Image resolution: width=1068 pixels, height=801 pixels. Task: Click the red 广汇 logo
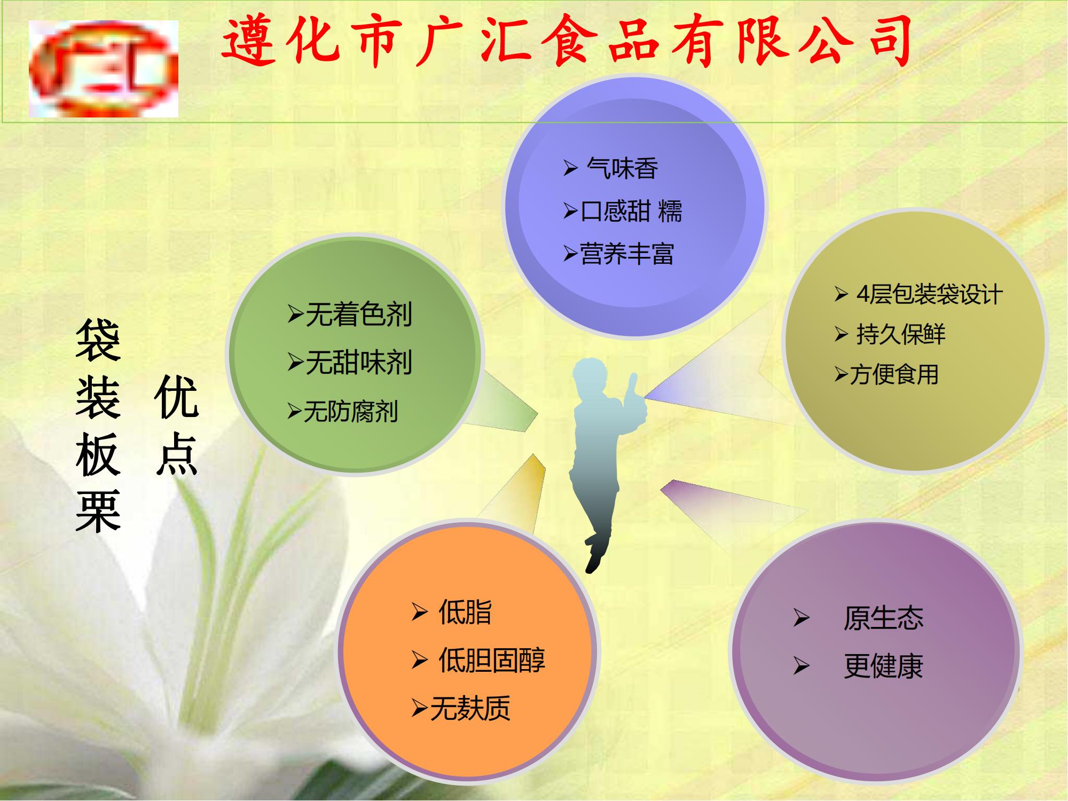[x=104, y=68]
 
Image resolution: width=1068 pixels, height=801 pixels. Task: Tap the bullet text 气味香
[x=622, y=169]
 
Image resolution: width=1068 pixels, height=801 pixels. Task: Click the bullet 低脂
[x=465, y=612]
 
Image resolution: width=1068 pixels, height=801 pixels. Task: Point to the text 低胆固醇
[x=492, y=661]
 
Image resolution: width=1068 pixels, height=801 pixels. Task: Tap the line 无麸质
[x=470, y=709]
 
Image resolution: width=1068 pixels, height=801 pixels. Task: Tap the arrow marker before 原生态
[x=801, y=618]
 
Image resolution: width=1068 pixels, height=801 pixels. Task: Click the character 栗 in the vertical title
[x=98, y=511]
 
